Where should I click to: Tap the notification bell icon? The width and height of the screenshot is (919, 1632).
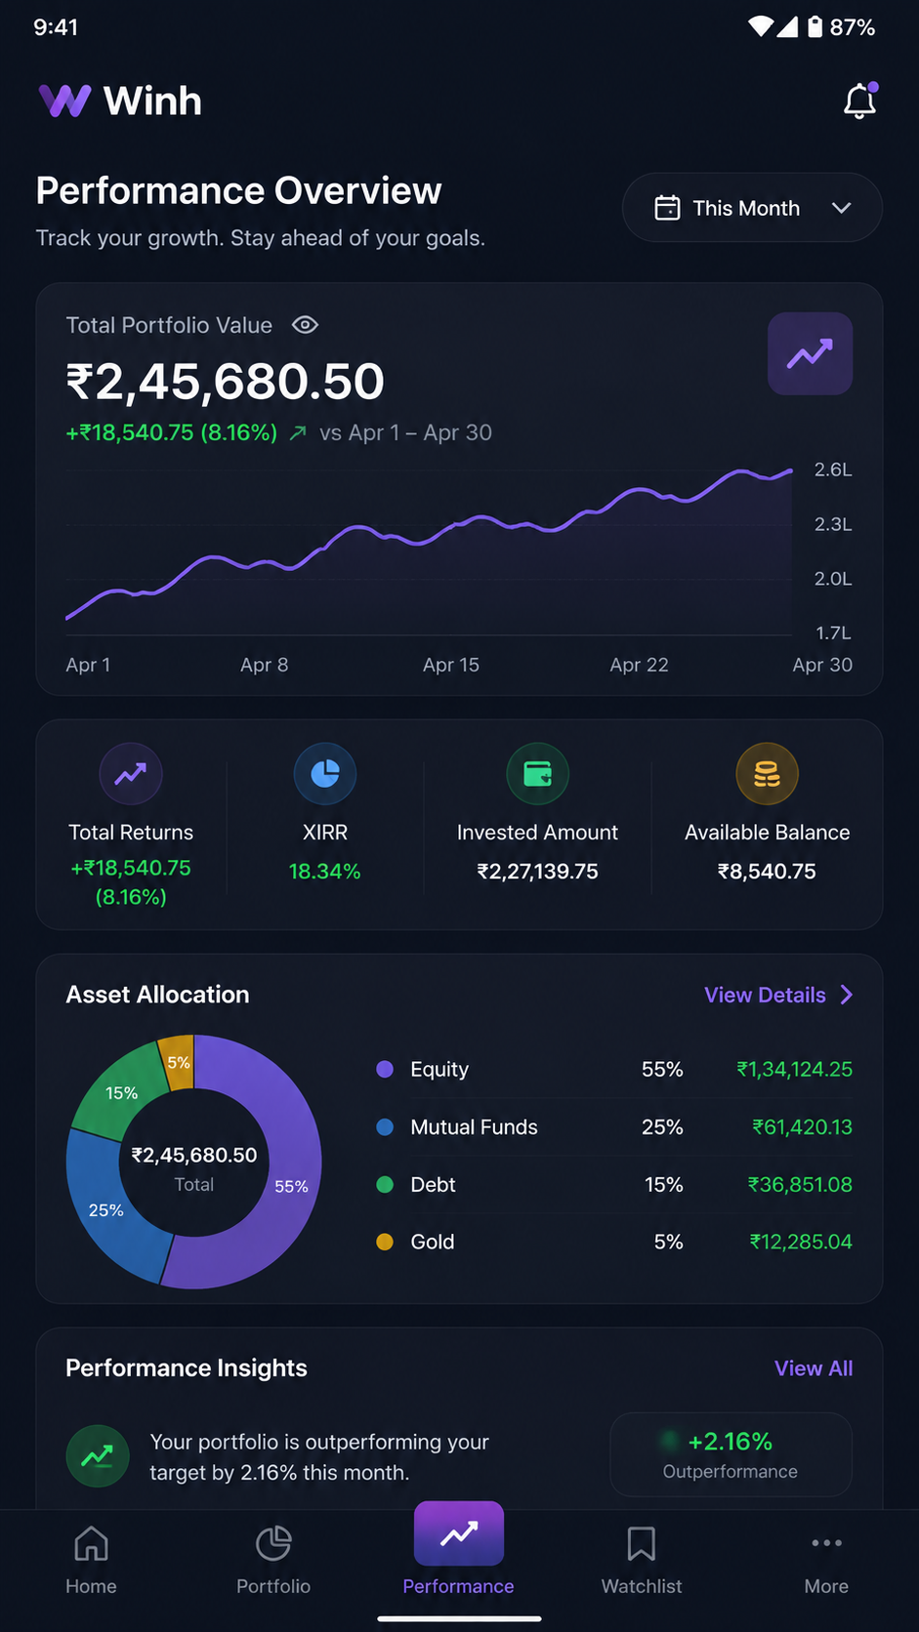(860, 101)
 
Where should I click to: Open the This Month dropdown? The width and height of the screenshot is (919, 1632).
(752, 208)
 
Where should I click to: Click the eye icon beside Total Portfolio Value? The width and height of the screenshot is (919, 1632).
(305, 325)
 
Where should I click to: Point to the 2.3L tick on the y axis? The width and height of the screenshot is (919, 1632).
(833, 524)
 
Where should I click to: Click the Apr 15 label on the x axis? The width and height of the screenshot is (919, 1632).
(451, 665)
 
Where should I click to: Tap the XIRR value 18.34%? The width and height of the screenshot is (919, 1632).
(325, 872)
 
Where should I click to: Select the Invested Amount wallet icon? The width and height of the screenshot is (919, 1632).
(538, 774)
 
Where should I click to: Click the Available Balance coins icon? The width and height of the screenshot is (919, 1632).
(767, 774)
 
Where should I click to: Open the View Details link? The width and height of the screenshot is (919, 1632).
(778, 995)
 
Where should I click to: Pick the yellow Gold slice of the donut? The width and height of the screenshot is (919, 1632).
(177, 1063)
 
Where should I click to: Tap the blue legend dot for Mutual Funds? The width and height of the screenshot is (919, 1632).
(385, 1127)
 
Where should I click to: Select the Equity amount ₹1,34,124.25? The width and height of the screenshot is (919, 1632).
(794, 1069)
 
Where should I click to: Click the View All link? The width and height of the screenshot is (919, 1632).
(814, 1368)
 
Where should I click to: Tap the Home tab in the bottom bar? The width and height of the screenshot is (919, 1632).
(91, 1559)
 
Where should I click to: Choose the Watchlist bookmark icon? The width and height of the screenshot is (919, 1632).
(642, 1543)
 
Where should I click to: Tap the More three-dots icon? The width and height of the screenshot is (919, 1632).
(826, 1542)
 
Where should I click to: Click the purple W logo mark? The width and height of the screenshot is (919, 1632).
(64, 101)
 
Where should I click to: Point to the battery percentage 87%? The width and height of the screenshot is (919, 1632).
(852, 27)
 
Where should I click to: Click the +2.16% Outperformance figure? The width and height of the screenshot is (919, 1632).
(731, 1441)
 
